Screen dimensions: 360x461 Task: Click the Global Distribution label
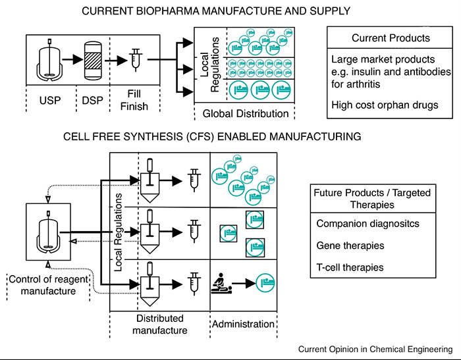[x=245, y=113]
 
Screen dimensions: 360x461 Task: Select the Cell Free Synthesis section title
[x=213, y=137]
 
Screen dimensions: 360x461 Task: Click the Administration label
[x=244, y=324]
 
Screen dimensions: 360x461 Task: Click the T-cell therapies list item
[x=350, y=267]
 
